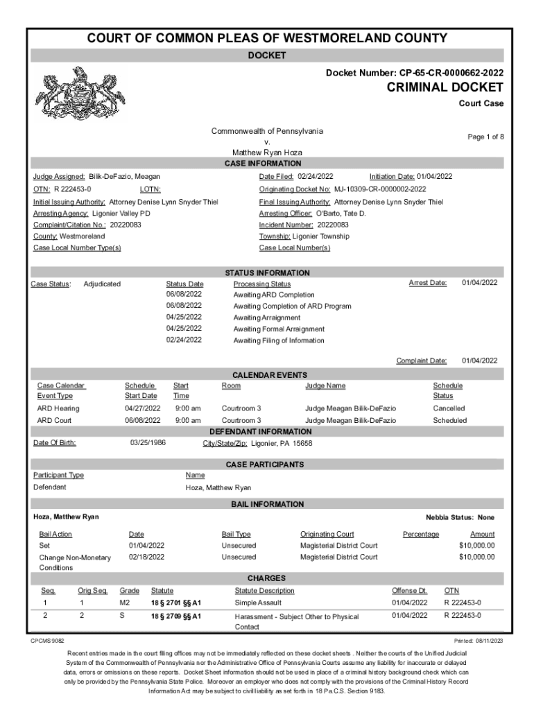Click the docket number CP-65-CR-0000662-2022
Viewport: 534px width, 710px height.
click(451, 72)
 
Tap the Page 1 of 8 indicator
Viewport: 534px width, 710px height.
click(485, 137)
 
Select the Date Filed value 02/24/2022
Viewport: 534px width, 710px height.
click(316, 177)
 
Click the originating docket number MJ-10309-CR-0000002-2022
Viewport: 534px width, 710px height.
click(380, 189)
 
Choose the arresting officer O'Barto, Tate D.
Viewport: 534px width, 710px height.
click(341, 214)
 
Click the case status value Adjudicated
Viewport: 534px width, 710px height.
click(102, 284)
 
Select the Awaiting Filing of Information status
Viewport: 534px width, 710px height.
click(279, 340)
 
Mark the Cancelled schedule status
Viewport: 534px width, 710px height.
click(449, 408)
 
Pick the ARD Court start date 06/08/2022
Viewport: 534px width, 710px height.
click(142, 420)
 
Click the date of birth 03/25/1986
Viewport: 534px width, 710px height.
click(148, 443)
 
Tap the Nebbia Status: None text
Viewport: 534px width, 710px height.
click(460, 517)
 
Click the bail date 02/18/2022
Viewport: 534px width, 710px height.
click(146, 557)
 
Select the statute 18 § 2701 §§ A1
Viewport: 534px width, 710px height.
click(176, 603)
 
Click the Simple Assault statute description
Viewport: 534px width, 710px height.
click(257, 603)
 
